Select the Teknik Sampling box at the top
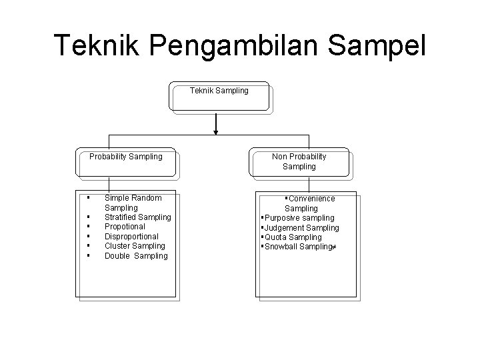(x=219, y=97)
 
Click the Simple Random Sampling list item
(x=133, y=203)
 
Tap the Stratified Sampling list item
(x=137, y=217)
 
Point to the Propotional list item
(x=125, y=227)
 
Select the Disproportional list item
(x=131, y=237)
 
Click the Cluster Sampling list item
(x=135, y=246)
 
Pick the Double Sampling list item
(x=136, y=256)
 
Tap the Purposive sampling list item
(x=299, y=218)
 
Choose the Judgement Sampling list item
(x=301, y=228)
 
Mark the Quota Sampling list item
(x=293, y=237)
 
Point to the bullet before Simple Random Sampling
(x=88, y=197)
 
